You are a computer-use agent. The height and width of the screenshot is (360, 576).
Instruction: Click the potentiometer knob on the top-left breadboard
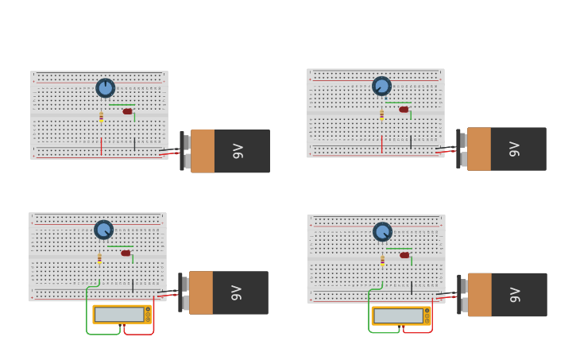click(105, 88)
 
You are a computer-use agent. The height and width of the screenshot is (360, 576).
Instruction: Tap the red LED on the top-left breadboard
click(127, 111)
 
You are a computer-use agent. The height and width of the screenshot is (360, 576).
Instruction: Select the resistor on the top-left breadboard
click(101, 117)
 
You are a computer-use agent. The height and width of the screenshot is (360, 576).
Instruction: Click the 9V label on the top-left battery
click(238, 151)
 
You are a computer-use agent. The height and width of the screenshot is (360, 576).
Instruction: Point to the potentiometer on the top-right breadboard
click(381, 86)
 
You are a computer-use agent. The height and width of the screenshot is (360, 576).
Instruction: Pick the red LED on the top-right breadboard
click(404, 110)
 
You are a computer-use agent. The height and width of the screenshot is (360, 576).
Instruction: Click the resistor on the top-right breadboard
click(381, 114)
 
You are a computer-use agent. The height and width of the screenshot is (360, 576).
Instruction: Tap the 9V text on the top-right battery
click(514, 149)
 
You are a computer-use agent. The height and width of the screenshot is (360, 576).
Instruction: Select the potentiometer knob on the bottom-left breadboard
click(103, 230)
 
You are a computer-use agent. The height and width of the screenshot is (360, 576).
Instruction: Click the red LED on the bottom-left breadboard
click(126, 254)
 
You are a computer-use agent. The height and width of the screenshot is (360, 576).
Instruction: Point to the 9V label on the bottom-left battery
click(236, 292)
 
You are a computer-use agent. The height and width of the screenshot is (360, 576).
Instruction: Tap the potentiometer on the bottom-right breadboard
click(382, 232)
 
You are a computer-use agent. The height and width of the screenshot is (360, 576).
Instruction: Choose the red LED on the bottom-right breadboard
click(404, 255)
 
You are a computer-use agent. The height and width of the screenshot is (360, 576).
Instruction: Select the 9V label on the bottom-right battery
click(515, 295)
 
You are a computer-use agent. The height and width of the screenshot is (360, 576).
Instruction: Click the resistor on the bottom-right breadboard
click(382, 260)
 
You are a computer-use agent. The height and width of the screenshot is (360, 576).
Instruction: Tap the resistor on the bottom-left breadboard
click(99, 258)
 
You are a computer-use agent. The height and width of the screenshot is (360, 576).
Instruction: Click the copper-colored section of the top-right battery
click(479, 149)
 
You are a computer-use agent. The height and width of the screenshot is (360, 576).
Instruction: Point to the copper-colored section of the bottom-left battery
click(201, 292)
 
